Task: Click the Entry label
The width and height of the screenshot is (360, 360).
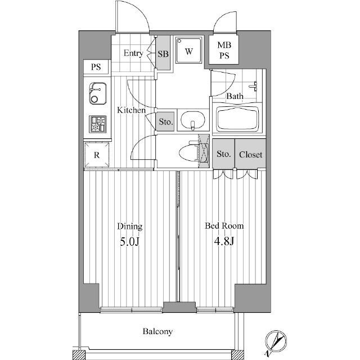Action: [133, 53]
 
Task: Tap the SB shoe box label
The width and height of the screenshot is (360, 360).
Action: [163, 54]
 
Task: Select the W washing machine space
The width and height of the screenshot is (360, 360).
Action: [189, 50]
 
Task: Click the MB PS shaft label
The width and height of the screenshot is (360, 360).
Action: [224, 50]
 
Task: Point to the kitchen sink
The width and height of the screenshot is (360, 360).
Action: [98, 93]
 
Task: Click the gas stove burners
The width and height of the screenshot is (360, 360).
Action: [98, 124]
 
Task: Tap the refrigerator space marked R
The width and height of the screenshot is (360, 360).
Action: [97, 155]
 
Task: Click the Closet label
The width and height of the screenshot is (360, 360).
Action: [250, 155]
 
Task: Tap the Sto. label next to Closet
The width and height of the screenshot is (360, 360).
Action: [224, 154]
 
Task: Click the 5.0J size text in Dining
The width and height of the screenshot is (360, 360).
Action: [130, 242]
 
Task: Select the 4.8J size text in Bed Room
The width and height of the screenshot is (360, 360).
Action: [224, 241]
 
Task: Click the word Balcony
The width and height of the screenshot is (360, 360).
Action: [157, 331]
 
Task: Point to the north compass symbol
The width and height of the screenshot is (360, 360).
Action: [276, 341]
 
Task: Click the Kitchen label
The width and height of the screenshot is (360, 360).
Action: [131, 110]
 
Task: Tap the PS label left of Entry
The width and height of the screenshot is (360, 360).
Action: [96, 67]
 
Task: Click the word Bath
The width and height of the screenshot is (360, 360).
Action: [235, 96]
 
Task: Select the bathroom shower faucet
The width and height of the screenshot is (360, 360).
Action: [254, 87]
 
